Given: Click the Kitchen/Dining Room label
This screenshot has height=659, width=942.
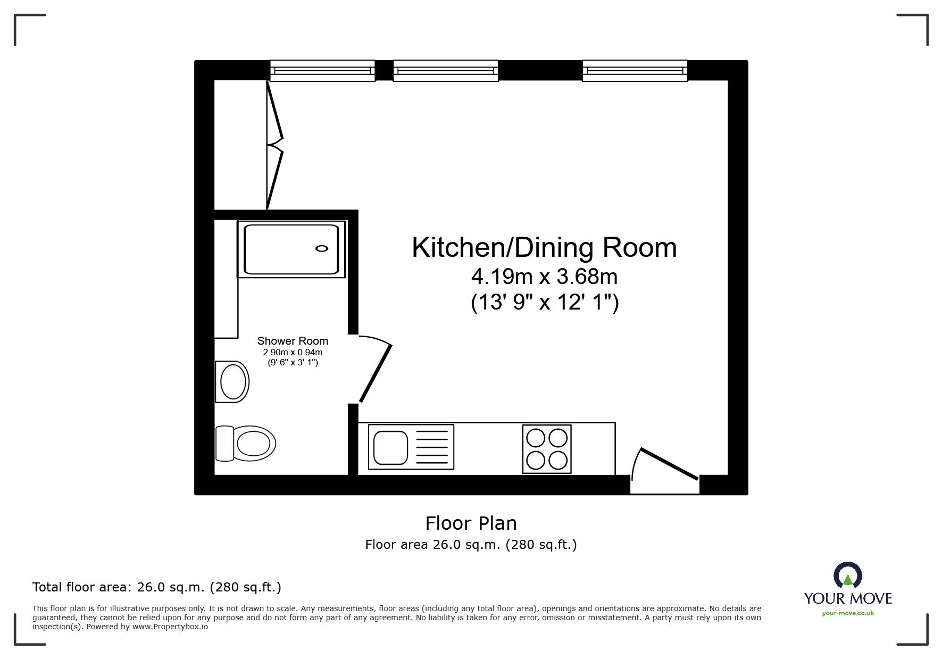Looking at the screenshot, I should click(544, 248).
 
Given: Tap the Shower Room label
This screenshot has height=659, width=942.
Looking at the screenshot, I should click(293, 341).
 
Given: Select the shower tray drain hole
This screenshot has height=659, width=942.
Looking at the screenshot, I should click(322, 248).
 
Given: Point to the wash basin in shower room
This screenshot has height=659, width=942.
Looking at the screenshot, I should click(232, 381).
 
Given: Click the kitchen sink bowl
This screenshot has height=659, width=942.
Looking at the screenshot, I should click(390, 447).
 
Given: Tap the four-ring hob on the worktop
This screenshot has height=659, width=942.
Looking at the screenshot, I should click(547, 448).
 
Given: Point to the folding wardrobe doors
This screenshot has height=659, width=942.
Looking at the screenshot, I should click(274, 145).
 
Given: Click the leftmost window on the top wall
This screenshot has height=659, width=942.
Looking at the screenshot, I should click(322, 70).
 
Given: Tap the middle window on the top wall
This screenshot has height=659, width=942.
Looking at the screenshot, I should click(446, 70).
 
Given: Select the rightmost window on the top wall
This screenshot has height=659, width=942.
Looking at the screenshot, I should click(635, 70).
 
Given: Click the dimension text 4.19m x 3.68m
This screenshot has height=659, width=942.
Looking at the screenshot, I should click(544, 277).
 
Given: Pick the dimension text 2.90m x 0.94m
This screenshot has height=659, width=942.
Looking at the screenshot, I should click(293, 352).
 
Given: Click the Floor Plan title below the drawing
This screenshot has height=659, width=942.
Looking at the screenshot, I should click(471, 523).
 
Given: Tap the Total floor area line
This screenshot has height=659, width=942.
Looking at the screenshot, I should click(157, 587).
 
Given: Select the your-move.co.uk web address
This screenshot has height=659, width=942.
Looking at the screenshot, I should click(848, 613).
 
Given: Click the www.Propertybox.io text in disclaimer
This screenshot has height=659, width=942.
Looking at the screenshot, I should click(170, 627).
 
